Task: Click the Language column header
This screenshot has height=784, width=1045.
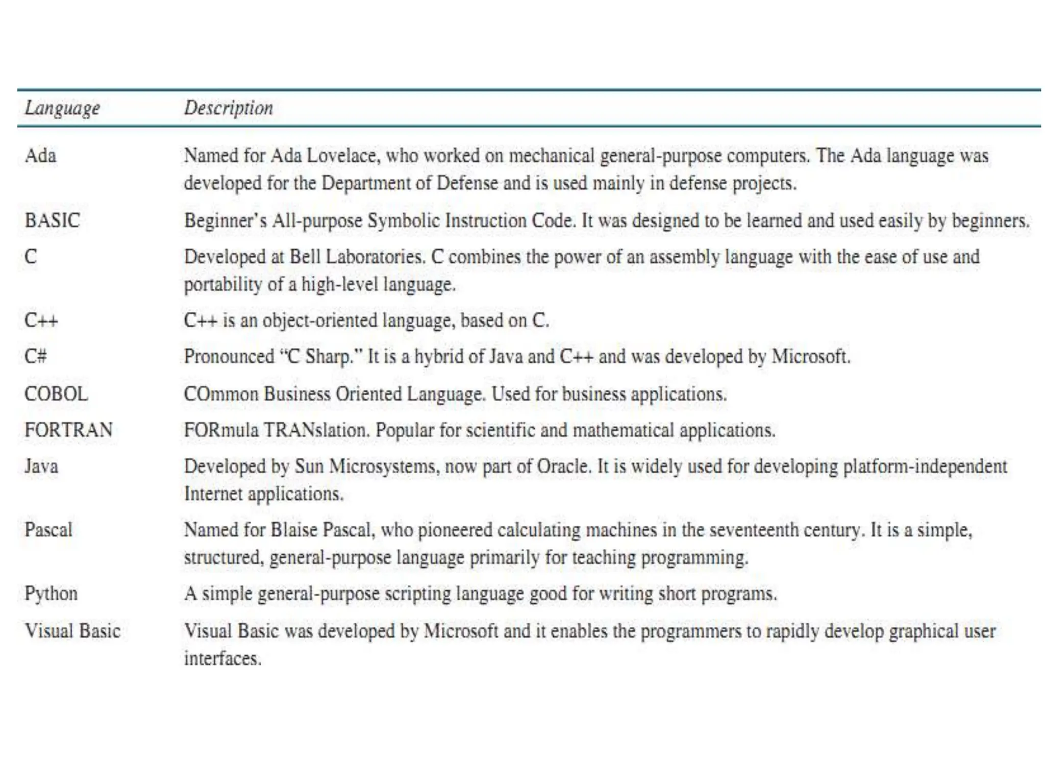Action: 62,108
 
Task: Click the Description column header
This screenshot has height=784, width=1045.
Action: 228,108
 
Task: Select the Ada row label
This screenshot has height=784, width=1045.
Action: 40,155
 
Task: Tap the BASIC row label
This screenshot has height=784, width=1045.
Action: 52,220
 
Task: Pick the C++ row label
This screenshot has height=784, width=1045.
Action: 41,321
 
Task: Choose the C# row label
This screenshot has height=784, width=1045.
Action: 35,356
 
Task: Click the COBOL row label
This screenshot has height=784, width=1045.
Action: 56,394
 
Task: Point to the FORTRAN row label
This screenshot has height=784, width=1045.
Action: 68,430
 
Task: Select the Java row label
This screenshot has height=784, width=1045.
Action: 41,466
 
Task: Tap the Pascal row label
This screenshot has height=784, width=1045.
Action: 48,530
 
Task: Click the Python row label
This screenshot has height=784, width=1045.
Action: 51,594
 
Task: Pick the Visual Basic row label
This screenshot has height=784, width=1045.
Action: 72,631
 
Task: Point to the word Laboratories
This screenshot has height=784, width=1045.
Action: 375,256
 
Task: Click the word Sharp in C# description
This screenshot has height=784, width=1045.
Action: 329,356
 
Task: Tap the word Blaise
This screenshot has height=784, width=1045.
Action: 294,530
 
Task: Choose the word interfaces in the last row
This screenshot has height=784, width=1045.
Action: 222,658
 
